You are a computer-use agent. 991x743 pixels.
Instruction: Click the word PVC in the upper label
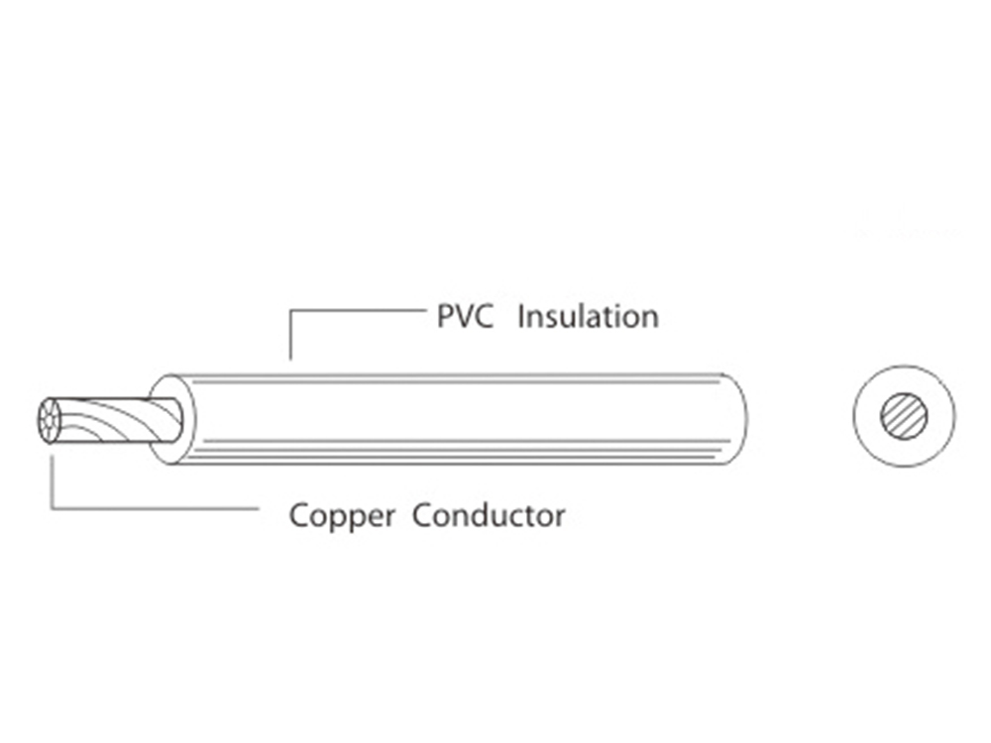click(x=465, y=317)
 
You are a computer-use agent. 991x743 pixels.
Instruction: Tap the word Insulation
click(x=588, y=317)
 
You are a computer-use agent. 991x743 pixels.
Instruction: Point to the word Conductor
click(x=489, y=515)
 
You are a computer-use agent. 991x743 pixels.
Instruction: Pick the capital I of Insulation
click(x=522, y=317)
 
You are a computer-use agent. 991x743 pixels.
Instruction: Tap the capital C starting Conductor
click(x=421, y=515)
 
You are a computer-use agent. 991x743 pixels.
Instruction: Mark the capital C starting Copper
click(x=298, y=515)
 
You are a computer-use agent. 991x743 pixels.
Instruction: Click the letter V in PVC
click(x=464, y=317)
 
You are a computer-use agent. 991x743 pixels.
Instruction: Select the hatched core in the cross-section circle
click(x=905, y=416)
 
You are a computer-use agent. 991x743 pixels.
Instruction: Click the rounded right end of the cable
click(x=737, y=418)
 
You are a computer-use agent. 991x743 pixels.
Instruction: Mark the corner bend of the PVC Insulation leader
click(x=290, y=310)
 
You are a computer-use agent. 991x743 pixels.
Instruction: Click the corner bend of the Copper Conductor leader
click(x=52, y=508)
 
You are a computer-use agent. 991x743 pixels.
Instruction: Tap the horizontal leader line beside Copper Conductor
click(x=159, y=508)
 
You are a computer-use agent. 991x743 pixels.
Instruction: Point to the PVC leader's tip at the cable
click(x=290, y=358)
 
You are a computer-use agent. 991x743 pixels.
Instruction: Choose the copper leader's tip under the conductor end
click(x=52, y=458)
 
